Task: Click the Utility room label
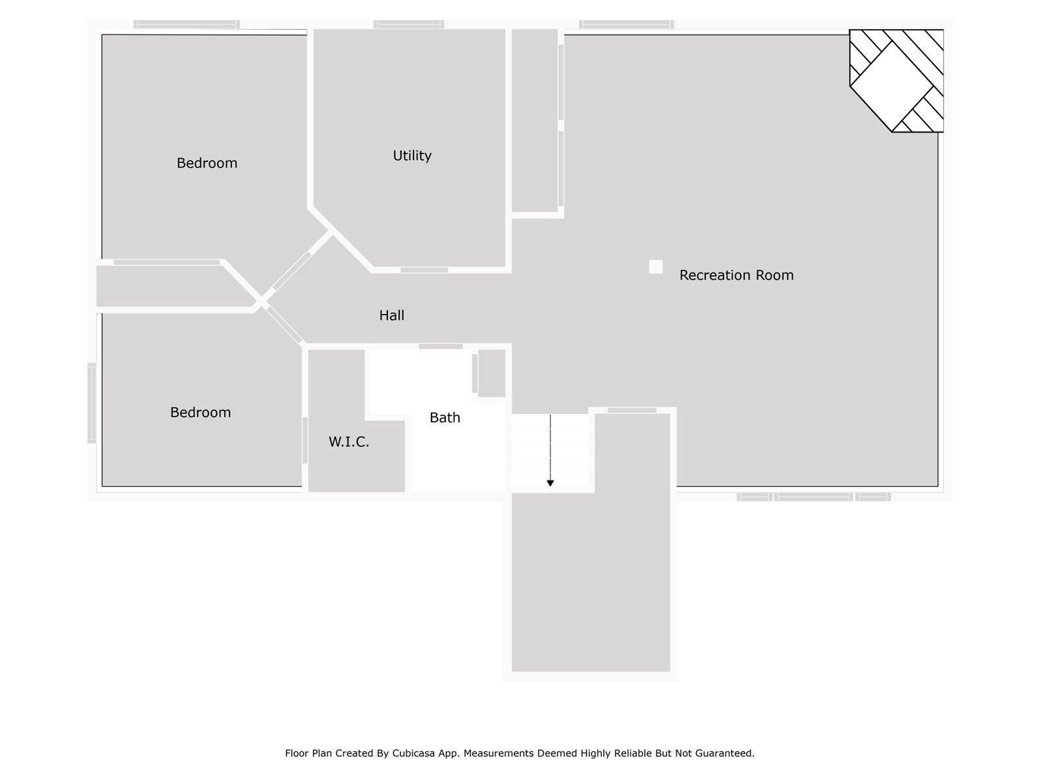[412, 155]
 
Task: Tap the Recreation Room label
[736, 275]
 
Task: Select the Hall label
[391, 315]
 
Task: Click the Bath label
[445, 417]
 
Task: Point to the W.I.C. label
[348, 442]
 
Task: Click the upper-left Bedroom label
[207, 163]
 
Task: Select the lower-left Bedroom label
[200, 412]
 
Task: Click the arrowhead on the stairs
[550, 483]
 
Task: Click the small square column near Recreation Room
[655, 266]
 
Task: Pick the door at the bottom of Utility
[424, 270]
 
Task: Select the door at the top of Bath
[440, 346]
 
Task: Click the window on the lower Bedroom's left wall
[92, 403]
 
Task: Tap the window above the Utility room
[408, 25]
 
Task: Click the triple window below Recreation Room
[813, 497]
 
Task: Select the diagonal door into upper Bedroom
[292, 270]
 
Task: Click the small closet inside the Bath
[491, 373]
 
